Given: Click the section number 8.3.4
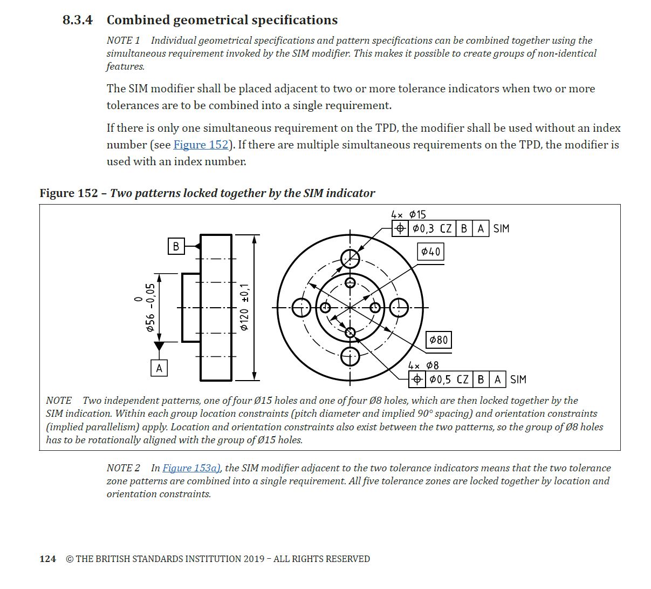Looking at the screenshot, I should [78, 21].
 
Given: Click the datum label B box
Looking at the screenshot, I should [176, 246].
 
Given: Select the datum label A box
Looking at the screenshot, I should [159, 368].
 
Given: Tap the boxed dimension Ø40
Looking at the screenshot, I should [431, 252].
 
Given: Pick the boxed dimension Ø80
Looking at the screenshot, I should [438, 340].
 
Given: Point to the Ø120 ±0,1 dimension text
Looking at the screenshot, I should [244, 307].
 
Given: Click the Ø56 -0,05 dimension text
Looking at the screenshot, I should [150, 308].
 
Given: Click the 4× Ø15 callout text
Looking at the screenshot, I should [408, 214].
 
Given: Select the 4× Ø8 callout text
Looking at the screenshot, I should [423, 365].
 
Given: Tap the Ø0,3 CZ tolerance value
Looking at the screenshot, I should [431, 229].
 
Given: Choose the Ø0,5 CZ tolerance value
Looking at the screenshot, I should [449, 380].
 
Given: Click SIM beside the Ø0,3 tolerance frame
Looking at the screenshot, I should [501, 229].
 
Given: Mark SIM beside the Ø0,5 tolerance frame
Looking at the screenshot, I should [518, 380].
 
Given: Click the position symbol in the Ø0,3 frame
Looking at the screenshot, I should [400, 229].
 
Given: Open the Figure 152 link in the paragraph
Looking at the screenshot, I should [201, 145].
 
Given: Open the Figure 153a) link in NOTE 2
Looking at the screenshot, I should [191, 468].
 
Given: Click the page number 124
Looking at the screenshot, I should [48, 559].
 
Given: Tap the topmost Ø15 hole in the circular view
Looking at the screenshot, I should [351, 259].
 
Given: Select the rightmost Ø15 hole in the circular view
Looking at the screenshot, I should [399, 308].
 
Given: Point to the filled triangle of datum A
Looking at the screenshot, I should [159, 346].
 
